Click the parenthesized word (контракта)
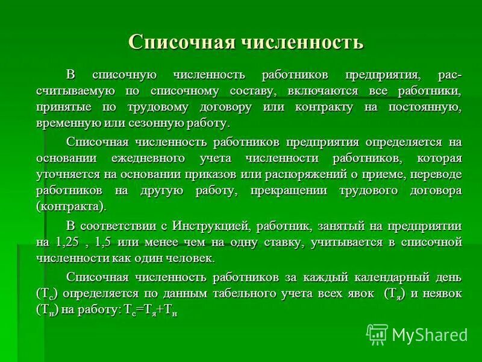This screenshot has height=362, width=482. (x=70, y=206)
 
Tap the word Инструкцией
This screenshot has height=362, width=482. (x=211, y=226)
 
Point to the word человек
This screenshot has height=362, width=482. (x=193, y=258)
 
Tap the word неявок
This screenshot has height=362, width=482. (x=440, y=294)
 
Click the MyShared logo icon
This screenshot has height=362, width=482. (x=377, y=334)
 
